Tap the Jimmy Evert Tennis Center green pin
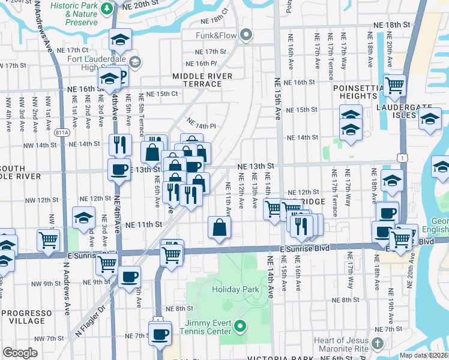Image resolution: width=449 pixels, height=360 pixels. point(240,327)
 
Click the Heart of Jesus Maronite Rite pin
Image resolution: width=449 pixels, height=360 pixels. point(377,343)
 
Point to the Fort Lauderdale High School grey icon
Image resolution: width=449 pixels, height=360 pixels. point(135,62)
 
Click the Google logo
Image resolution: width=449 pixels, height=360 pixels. point(20,353)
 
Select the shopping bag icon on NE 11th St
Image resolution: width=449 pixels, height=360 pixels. point(219,227)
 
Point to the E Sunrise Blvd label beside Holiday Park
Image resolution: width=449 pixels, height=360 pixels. point(304,248)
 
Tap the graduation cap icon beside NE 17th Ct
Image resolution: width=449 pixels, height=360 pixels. point(120,40)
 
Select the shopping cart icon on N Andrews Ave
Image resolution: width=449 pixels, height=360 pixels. point(49,240)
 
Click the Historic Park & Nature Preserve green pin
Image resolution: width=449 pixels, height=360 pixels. point(106,8)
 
